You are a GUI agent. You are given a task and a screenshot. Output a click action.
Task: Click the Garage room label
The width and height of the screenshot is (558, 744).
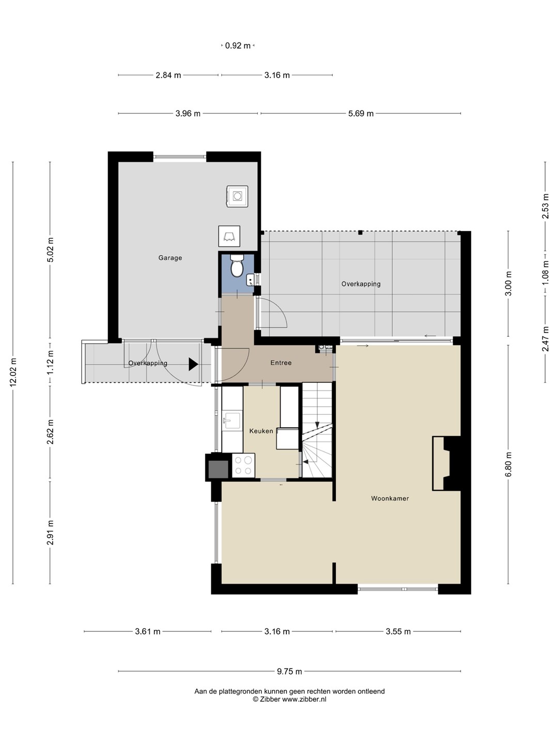(x=170, y=258)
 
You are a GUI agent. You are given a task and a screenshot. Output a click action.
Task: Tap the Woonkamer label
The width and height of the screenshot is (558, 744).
(x=390, y=498)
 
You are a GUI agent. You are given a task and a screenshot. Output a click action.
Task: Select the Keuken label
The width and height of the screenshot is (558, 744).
(x=261, y=431)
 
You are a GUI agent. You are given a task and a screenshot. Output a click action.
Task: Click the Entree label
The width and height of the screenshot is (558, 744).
(x=281, y=363)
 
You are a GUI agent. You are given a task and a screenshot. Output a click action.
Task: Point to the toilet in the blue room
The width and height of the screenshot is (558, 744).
(x=237, y=265)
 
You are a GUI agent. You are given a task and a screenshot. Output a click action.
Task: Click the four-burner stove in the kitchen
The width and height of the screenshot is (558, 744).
(x=243, y=466)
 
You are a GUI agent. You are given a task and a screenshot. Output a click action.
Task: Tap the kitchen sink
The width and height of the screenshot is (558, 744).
(x=232, y=420)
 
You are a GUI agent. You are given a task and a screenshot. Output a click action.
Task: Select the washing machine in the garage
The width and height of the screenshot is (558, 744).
(x=237, y=196)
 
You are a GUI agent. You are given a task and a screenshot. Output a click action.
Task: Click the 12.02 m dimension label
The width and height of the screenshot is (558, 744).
(x=13, y=373)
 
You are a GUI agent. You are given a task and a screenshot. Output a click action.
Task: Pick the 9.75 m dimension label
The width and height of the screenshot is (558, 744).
(x=289, y=671)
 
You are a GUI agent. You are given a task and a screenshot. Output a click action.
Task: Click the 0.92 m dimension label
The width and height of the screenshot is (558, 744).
(x=238, y=45)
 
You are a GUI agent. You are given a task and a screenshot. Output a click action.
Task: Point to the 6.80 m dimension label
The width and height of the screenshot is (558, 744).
(x=508, y=464)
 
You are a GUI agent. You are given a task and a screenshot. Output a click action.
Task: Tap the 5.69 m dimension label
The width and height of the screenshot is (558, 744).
(x=361, y=114)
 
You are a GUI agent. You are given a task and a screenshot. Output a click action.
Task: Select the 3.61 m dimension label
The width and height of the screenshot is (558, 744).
(x=148, y=631)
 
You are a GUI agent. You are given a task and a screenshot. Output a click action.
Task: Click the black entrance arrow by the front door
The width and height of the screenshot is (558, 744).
(x=193, y=364)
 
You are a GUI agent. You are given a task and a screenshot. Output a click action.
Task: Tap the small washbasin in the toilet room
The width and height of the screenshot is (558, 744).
(x=250, y=280)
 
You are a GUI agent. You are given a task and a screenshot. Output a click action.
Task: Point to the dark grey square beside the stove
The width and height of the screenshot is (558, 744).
(x=218, y=470)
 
